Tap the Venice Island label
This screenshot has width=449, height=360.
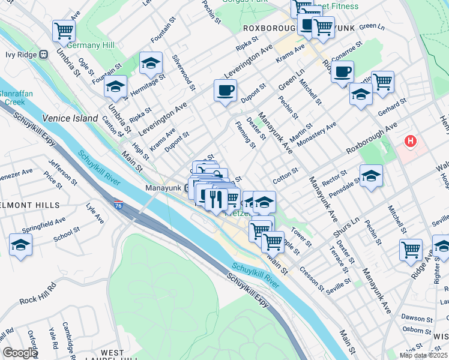pyautogui.click(x=70, y=118)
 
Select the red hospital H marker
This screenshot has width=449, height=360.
pyautogui.click(x=411, y=142)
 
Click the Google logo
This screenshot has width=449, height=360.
pyautogui.click(x=20, y=353)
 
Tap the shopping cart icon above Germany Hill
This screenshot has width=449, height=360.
pyautogui.click(x=63, y=29)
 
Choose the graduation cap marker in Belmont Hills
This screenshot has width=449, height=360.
pyautogui.click(x=20, y=245)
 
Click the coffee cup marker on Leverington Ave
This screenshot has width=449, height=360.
pyautogui.click(x=225, y=91)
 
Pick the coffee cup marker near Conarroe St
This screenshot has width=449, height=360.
pyautogui.click(x=342, y=72)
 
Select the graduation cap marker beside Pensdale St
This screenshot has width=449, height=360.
pyautogui.click(x=372, y=176)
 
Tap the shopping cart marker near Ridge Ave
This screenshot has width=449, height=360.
pyautogui.click(x=411, y=250)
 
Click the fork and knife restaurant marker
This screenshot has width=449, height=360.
pyautogui.click(x=216, y=198)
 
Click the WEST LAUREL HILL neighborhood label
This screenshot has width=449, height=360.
pyautogui.click(x=112, y=356)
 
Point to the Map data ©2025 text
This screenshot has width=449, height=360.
pyautogui.click(x=423, y=355)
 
